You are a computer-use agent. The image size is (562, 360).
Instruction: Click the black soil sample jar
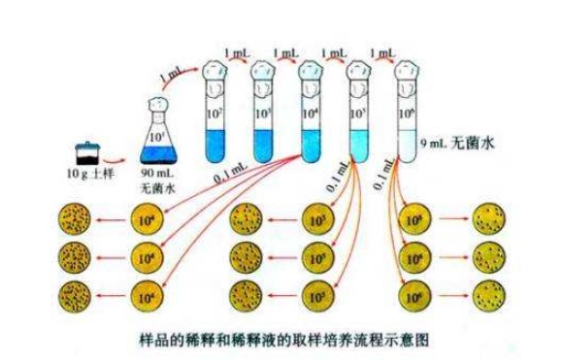click(85, 154)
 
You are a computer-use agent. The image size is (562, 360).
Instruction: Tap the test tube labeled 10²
click(215, 116)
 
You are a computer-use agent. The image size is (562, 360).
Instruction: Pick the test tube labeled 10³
click(263, 116)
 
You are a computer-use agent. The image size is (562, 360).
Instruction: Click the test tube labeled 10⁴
click(311, 116)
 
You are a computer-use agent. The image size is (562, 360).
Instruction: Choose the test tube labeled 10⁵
click(359, 116)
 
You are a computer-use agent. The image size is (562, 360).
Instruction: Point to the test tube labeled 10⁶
click(406, 116)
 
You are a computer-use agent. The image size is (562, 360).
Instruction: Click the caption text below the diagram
click(281, 341)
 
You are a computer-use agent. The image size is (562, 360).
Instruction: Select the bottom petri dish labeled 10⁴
click(147, 294)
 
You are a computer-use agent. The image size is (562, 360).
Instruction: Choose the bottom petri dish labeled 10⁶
click(415, 294)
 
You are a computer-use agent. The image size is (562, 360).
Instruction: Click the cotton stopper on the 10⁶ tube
click(406, 67)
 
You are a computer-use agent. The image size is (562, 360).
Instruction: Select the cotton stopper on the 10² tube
click(215, 67)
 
